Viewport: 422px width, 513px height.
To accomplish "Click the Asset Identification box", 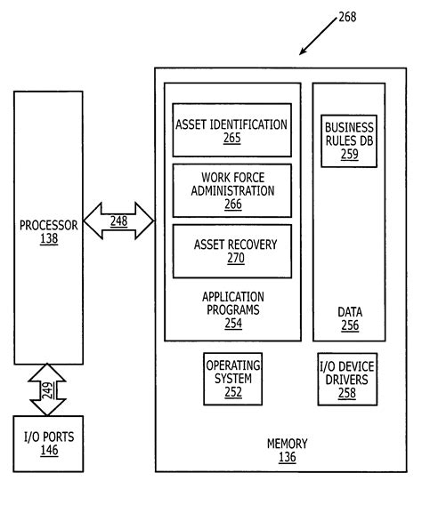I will (231, 130).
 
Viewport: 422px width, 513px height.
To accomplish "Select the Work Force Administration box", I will (231, 190).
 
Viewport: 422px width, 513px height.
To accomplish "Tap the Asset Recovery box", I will (231, 251).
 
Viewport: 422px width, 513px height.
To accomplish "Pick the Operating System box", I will (233, 377).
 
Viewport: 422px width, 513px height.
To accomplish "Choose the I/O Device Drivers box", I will (349, 379).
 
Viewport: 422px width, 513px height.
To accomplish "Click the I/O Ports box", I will (48, 444).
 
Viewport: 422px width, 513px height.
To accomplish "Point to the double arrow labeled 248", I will (118, 221).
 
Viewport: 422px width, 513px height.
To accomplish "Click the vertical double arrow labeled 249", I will (48, 389).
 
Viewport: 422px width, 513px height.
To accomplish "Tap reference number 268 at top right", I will (347, 17).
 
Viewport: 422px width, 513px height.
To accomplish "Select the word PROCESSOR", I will (48, 225).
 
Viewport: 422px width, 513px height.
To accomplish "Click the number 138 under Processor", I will (48, 239).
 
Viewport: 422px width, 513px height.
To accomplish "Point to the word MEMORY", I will (287, 444).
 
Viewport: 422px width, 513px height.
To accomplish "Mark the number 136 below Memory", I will (287, 457).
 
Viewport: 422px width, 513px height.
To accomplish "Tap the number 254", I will (232, 324).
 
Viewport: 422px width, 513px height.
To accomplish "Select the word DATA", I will (349, 312).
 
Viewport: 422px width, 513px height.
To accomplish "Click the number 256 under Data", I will (349, 325).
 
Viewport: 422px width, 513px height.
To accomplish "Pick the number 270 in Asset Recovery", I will (235, 259).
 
